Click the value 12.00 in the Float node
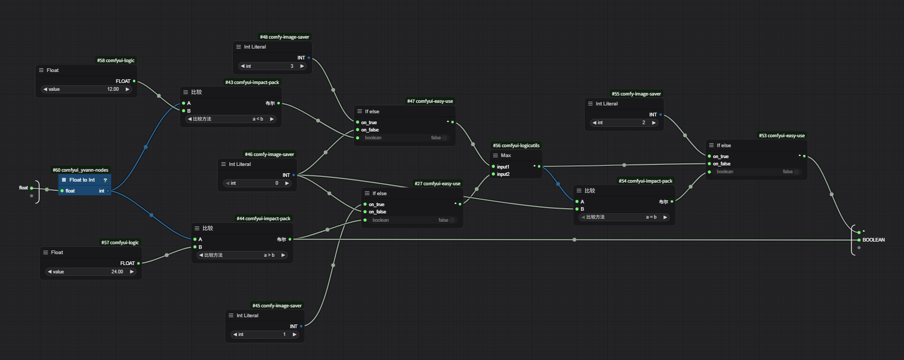click(113, 89)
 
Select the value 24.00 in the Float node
click(117, 272)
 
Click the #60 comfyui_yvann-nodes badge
click(80, 170)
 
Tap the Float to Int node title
click(82, 180)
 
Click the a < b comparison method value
click(258, 119)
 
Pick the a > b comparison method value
click(269, 255)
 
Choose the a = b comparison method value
click(651, 217)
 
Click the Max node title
click(506, 155)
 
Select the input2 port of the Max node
click(493, 174)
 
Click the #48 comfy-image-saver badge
click(284, 37)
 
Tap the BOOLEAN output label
click(873, 240)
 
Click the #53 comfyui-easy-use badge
click(781, 136)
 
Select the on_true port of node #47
click(358, 123)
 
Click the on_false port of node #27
click(365, 212)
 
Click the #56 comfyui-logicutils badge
click(516, 146)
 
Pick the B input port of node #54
click(577, 209)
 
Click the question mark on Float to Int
click(105, 180)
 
